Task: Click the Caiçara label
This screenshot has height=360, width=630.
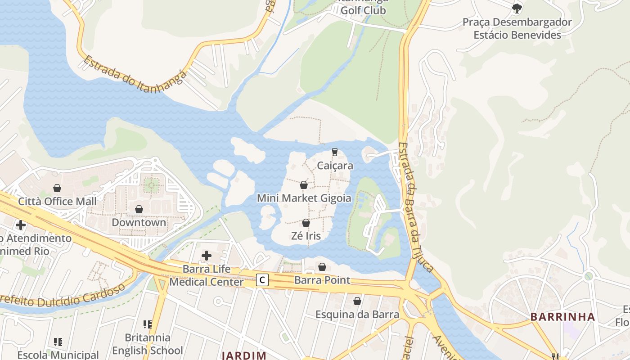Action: [335, 166]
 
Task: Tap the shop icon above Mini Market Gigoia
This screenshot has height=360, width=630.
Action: [304, 185]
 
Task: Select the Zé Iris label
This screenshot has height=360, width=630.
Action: [306, 235]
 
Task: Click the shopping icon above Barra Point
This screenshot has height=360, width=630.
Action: [322, 267]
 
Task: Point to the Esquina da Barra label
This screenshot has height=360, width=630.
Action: [357, 314]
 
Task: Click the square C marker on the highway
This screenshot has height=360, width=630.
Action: [262, 280]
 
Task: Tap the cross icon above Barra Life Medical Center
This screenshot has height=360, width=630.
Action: [207, 256]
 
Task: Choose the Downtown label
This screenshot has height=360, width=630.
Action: [139, 222]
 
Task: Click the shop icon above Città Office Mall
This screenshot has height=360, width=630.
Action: [57, 188]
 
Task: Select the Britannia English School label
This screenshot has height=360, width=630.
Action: [148, 344]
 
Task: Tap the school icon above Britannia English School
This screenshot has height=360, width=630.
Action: [148, 324]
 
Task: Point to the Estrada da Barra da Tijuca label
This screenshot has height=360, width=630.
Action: [416, 207]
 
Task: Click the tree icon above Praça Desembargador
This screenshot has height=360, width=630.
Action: [517, 8]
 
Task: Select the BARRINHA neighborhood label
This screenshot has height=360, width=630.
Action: [562, 316]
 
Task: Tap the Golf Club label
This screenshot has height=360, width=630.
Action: [363, 9]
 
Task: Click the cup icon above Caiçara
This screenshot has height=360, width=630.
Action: [334, 152]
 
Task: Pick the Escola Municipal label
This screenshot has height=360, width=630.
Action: [58, 355]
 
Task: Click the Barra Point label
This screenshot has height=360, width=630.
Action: [322, 280]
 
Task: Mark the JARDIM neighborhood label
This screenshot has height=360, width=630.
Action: [245, 355]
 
